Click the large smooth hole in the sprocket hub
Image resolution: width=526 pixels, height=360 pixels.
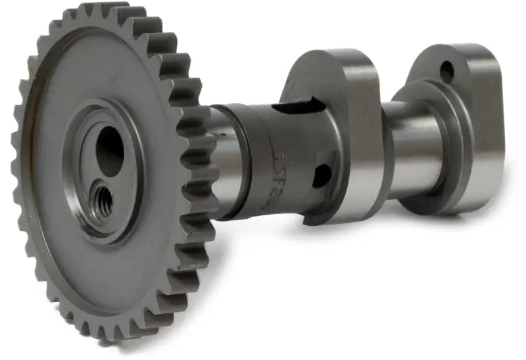tap(110, 152)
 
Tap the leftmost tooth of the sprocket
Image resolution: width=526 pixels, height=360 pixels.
tap(17, 158)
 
